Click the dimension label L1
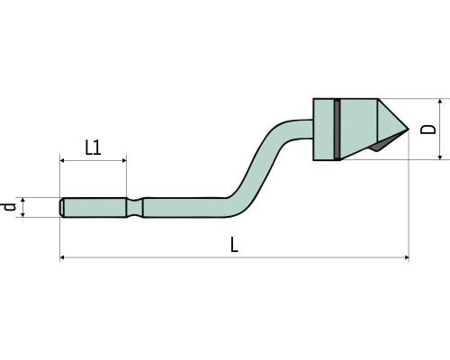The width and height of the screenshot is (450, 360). pos(93,148)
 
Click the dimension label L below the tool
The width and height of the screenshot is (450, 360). pos(234,244)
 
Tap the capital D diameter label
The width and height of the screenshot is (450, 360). pos(428,129)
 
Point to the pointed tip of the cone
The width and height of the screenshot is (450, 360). pos(409,130)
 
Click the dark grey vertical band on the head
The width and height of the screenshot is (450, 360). pos(337,130)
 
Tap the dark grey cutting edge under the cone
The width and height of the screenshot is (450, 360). pos(385,143)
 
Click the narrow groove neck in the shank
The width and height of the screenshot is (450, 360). pos(134,207)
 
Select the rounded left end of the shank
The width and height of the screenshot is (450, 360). pos(61,207)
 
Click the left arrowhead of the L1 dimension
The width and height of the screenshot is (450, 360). pos(62,161)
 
